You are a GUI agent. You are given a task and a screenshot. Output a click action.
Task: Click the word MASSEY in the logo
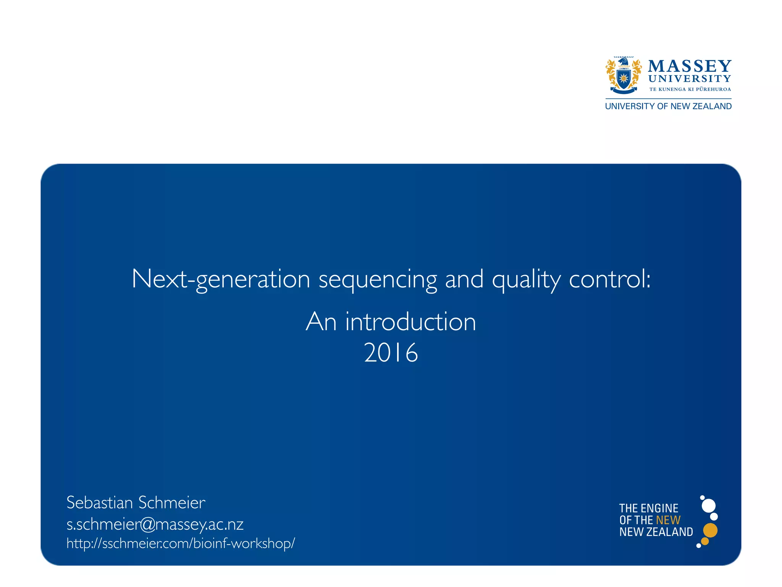[690, 66]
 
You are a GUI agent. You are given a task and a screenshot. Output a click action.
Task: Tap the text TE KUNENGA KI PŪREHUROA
[690, 89]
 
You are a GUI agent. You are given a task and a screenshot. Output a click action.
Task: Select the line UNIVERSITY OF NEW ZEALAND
[668, 106]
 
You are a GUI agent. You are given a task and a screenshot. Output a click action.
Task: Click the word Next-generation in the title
[221, 279]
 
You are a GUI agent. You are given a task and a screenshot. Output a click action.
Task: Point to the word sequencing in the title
[378, 279]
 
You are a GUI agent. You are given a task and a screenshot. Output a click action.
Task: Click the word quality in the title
[526, 279]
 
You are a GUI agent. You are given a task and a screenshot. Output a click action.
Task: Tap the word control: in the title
[610, 279]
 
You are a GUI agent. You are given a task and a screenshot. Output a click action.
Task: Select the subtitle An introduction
[391, 321]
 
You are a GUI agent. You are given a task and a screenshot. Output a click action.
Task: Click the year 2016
[391, 352]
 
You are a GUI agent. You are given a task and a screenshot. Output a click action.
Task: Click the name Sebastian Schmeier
[136, 503]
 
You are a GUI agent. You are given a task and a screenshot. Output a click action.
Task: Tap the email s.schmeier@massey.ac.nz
[155, 524]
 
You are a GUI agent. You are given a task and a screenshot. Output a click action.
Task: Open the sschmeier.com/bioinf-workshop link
[181, 543]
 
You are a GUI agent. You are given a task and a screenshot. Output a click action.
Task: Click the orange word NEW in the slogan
[668, 520]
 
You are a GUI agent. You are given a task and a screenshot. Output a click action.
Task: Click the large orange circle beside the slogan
[710, 530]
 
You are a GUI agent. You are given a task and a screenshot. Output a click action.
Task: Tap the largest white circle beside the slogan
[709, 506]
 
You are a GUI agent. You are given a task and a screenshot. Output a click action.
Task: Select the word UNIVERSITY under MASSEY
[690, 79]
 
